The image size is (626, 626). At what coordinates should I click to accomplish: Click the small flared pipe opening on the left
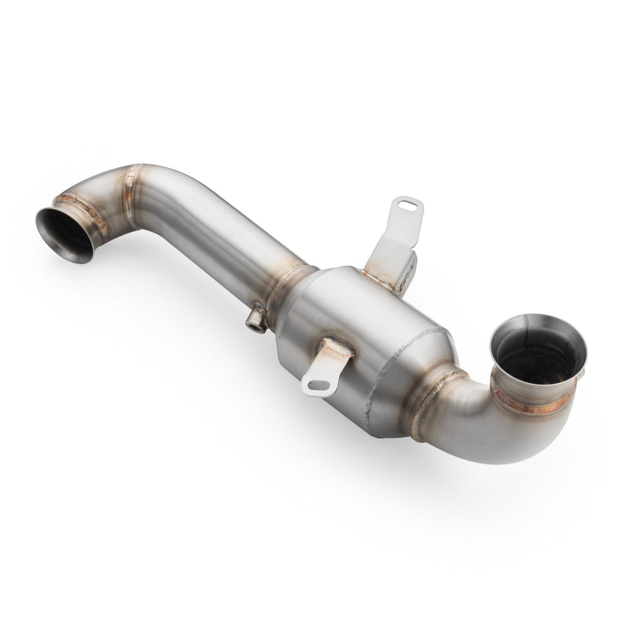64,234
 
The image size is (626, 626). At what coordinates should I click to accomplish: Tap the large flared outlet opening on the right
539,353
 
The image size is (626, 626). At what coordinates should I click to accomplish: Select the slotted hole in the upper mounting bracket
407,206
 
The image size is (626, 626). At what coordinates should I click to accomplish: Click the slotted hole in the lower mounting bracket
318,384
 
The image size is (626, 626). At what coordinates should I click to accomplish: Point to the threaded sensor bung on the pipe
254,321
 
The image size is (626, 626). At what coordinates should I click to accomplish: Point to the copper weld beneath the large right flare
533,405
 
